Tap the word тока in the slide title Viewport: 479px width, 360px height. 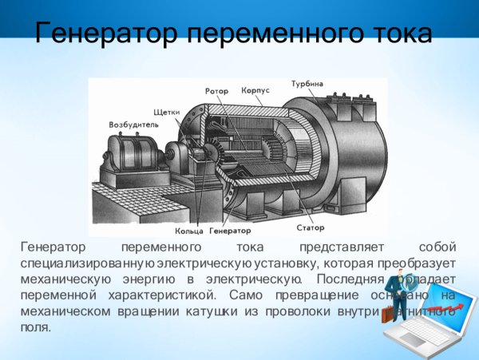394,34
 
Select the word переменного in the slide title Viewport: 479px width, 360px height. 265,34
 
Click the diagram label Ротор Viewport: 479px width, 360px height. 216,91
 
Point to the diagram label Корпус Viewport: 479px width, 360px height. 255,91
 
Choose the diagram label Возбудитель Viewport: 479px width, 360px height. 132,125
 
